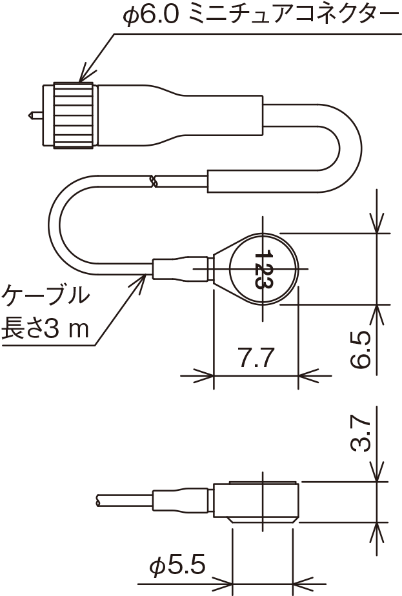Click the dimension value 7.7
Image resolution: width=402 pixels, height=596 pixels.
point(256,358)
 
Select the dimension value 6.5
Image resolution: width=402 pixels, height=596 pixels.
point(361,350)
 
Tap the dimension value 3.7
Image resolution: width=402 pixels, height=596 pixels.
point(361,433)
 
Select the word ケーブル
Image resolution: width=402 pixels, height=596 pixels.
point(45,296)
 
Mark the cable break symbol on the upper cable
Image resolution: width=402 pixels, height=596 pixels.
point(154,181)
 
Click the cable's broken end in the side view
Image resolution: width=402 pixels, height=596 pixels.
point(98,499)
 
